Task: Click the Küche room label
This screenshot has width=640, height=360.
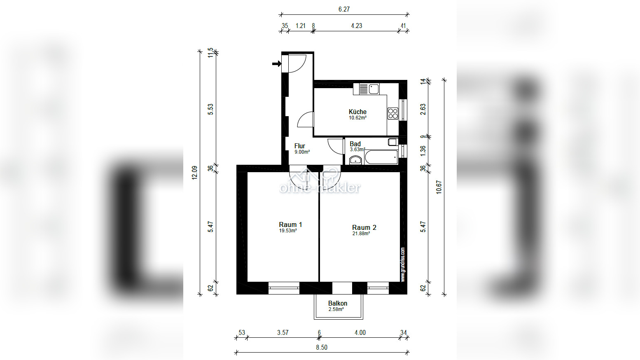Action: (357, 112)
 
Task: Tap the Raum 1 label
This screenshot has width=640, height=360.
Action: (290, 224)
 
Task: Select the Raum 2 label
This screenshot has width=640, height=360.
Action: (364, 227)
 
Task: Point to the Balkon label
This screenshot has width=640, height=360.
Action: (338, 303)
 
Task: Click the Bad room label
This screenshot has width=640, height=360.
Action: (355, 144)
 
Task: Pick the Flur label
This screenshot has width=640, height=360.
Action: (300, 146)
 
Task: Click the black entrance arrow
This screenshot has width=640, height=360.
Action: (277, 64)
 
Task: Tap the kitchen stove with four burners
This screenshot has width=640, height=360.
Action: (393, 113)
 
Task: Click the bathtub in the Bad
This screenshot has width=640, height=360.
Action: (381, 157)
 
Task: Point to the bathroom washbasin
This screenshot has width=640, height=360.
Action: (355, 160)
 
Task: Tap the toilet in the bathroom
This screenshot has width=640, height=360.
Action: (393, 142)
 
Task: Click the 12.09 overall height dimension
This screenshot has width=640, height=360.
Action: (194, 173)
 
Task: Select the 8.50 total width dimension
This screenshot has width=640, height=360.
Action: (321, 347)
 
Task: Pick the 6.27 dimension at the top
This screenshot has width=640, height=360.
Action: (344, 9)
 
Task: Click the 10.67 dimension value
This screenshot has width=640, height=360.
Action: (439, 187)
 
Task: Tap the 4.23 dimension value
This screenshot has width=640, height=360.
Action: (357, 26)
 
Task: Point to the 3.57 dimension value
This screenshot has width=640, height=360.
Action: (283, 332)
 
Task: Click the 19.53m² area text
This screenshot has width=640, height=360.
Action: (288, 231)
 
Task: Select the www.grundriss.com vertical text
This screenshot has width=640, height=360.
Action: (403, 264)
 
